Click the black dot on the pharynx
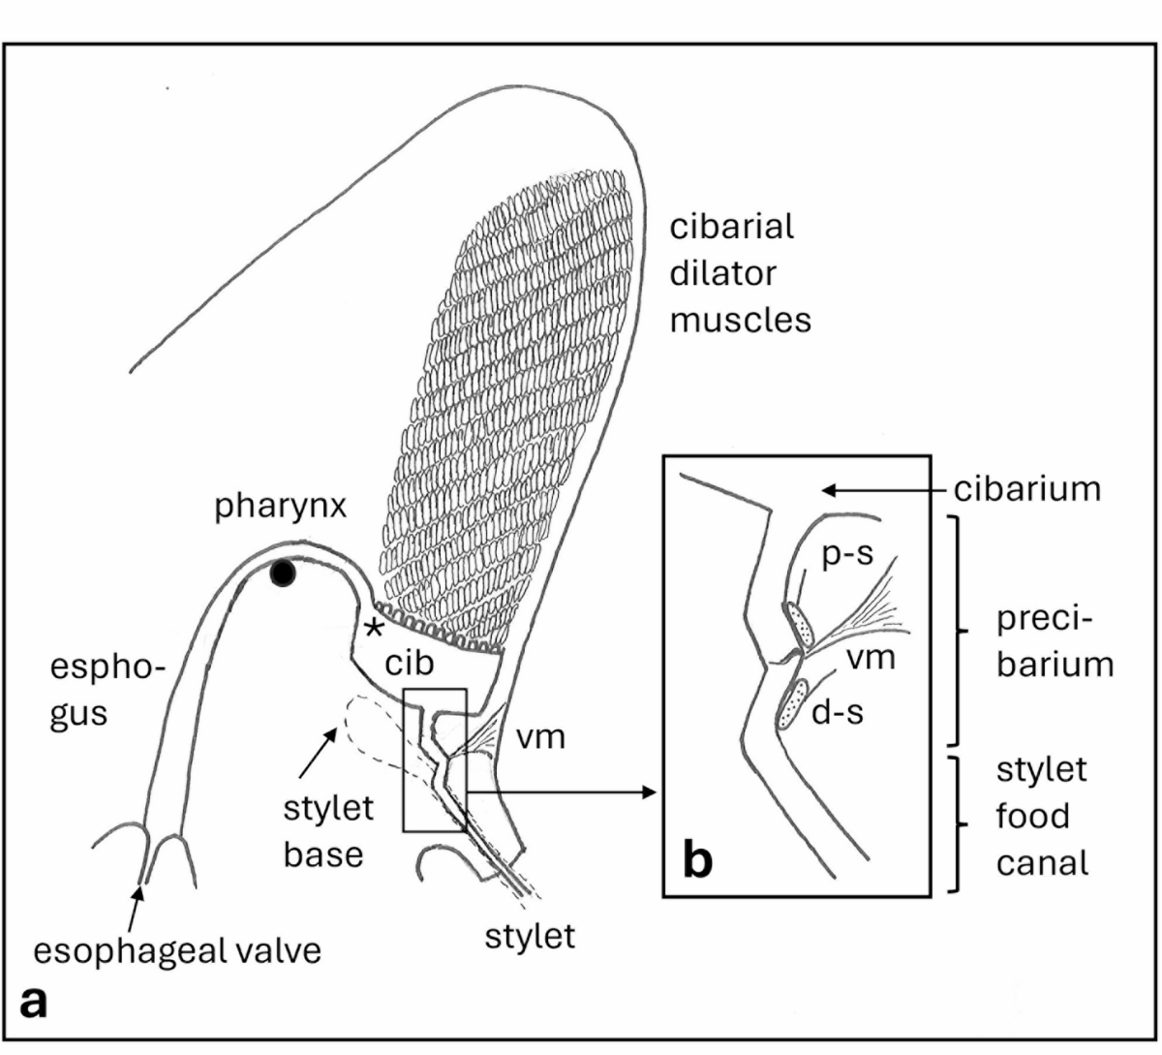pos(282,574)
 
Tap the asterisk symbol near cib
pos(372,628)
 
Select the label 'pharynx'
pos(281,507)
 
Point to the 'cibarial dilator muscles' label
pos(740,273)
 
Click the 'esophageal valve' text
pos(177,950)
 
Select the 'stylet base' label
pos(328,831)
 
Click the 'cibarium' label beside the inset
pos(1027,489)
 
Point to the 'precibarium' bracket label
pos(1055,641)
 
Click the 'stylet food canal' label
pos(1042,816)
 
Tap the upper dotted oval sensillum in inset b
pos(799,623)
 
